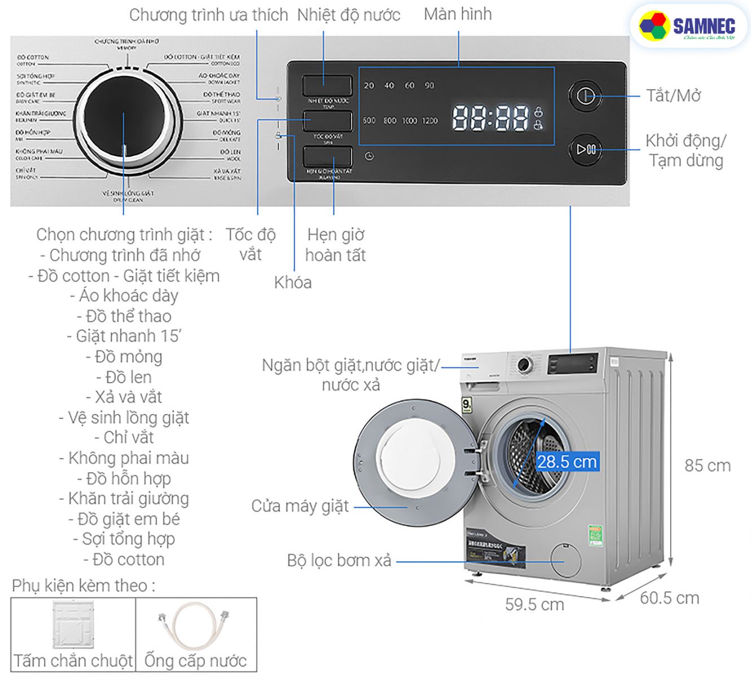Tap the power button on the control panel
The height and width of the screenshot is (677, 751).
click(x=585, y=95)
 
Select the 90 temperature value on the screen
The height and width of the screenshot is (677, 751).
click(x=429, y=86)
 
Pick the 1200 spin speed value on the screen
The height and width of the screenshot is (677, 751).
click(x=429, y=121)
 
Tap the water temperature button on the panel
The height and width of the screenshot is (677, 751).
click(x=327, y=85)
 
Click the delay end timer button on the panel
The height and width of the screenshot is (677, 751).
click(x=327, y=157)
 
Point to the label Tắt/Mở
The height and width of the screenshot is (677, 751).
click(x=673, y=95)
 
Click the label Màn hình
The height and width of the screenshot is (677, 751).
click(x=458, y=14)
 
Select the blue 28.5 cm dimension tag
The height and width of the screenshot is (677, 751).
click(x=566, y=462)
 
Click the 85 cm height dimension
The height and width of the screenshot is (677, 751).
click(x=707, y=466)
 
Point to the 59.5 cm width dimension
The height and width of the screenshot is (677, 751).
click(x=534, y=605)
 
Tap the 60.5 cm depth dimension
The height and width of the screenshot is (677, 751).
click(x=669, y=598)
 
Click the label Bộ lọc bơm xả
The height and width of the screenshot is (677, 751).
click(x=339, y=561)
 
